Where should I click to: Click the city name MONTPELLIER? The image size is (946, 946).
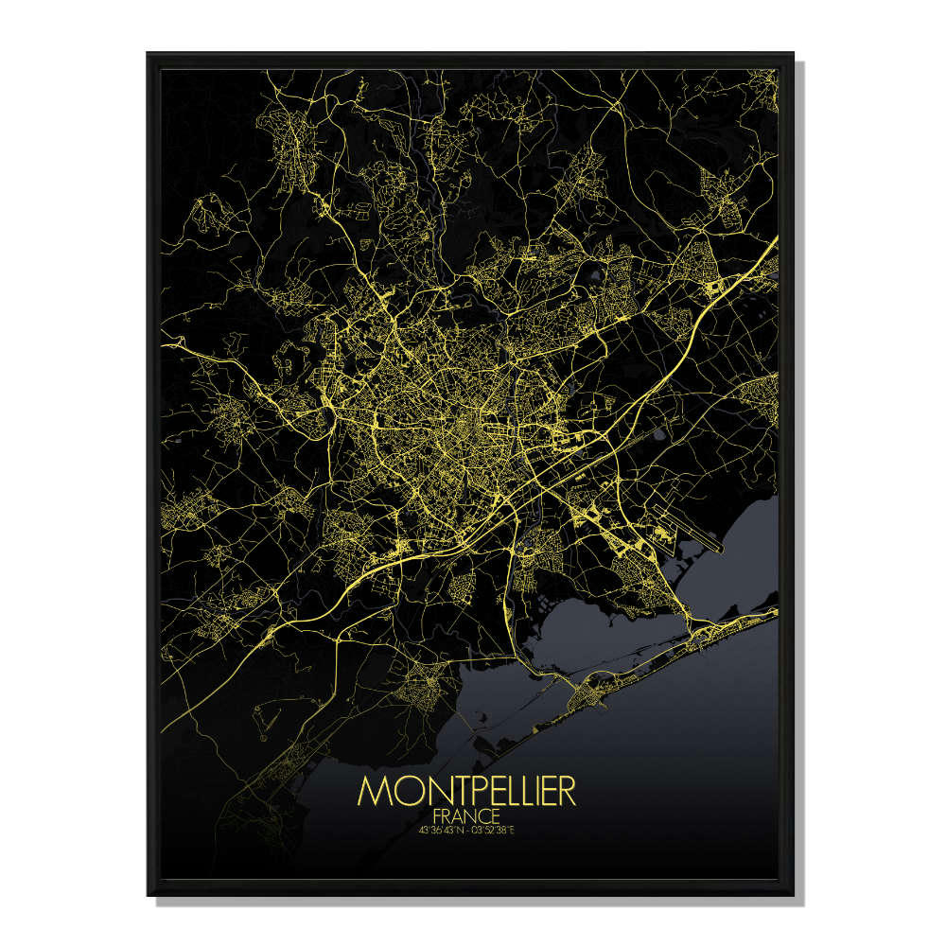[466, 792]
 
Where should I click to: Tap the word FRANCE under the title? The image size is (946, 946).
[466, 815]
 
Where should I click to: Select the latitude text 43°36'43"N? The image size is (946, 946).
[441, 831]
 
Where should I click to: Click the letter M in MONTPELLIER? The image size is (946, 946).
[373, 792]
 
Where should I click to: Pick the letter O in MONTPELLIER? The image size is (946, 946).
[398, 792]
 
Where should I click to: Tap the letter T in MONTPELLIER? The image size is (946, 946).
[444, 792]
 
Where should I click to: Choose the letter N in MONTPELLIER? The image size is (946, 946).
[423, 792]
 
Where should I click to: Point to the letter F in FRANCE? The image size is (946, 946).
[435, 815]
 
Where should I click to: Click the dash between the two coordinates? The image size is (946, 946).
[470, 831]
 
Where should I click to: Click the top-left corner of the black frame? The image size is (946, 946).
[148, 54]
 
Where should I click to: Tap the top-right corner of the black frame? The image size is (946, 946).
[794, 54]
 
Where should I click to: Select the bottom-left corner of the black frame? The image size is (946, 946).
[148, 894]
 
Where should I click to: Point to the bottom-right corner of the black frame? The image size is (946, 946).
[794, 894]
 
